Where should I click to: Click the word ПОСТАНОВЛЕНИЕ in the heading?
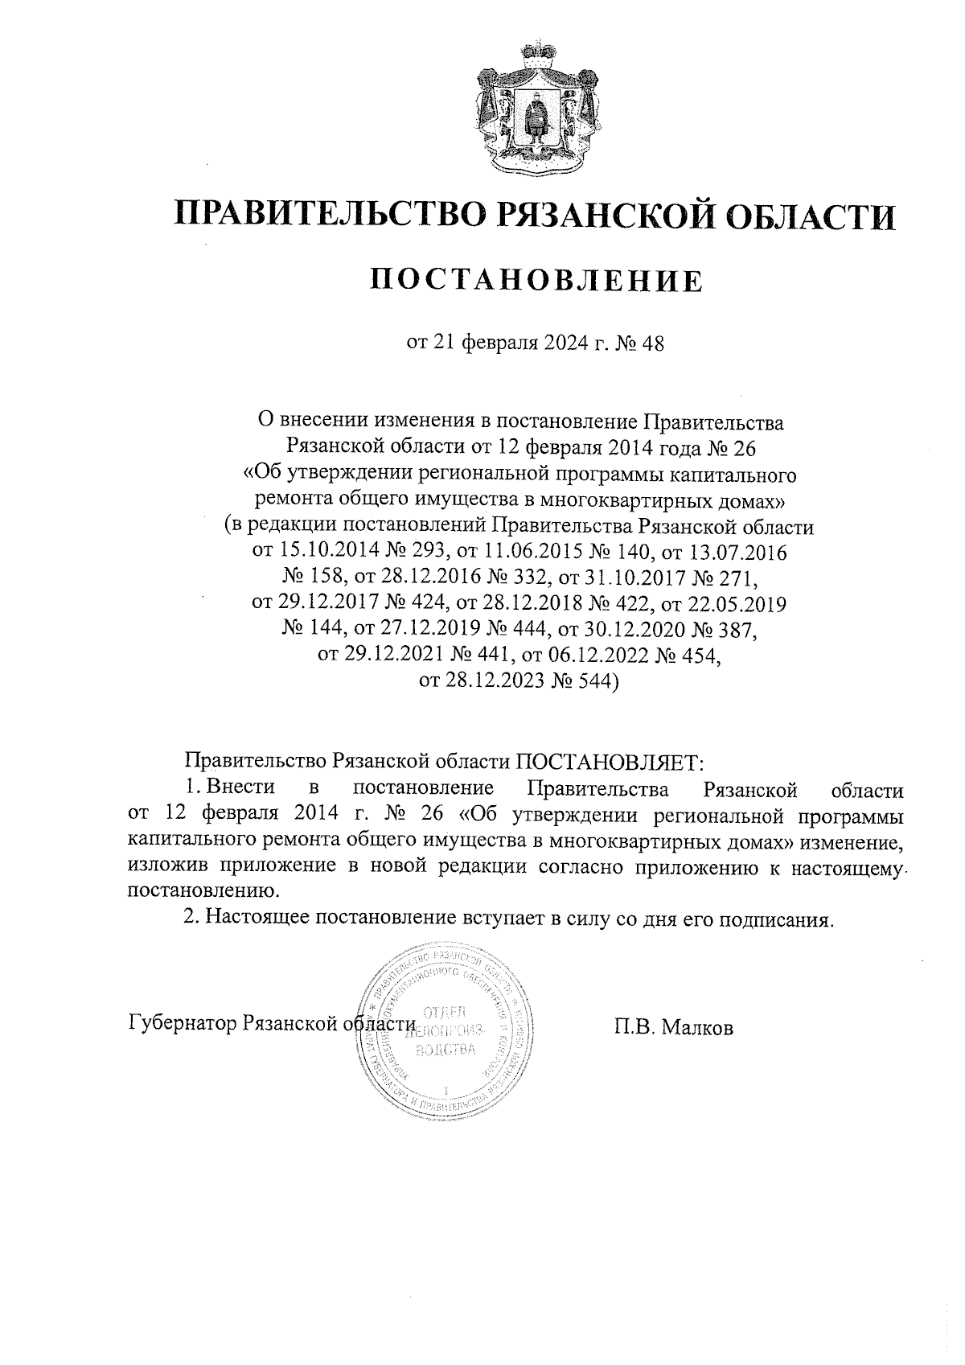click(x=536, y=281)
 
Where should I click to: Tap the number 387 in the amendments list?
click(x=733, y=629)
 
